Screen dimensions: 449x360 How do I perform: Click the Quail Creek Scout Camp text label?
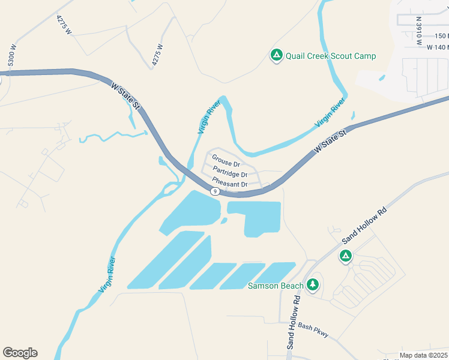331,56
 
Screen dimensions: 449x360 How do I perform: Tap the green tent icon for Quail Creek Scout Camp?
276,56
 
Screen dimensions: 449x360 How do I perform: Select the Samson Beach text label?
276,286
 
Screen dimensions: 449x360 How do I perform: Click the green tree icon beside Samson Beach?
312,284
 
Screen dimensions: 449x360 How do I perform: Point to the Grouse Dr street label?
226,163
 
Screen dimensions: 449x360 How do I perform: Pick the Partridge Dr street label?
230,174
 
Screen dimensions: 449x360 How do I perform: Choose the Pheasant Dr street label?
230,184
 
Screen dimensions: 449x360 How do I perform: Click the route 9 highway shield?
214,191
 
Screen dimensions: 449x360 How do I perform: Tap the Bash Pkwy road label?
313,330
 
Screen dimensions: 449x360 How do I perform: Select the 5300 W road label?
11,55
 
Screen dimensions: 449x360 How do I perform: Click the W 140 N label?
438,47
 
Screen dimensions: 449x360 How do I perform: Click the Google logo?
20,353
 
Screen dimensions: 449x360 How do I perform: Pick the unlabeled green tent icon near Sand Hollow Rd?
345,257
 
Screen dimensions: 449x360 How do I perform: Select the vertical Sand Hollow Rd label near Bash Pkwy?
293,323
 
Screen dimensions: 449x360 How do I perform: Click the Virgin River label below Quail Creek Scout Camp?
330,113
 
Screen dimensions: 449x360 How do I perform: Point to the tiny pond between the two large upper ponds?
223,220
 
